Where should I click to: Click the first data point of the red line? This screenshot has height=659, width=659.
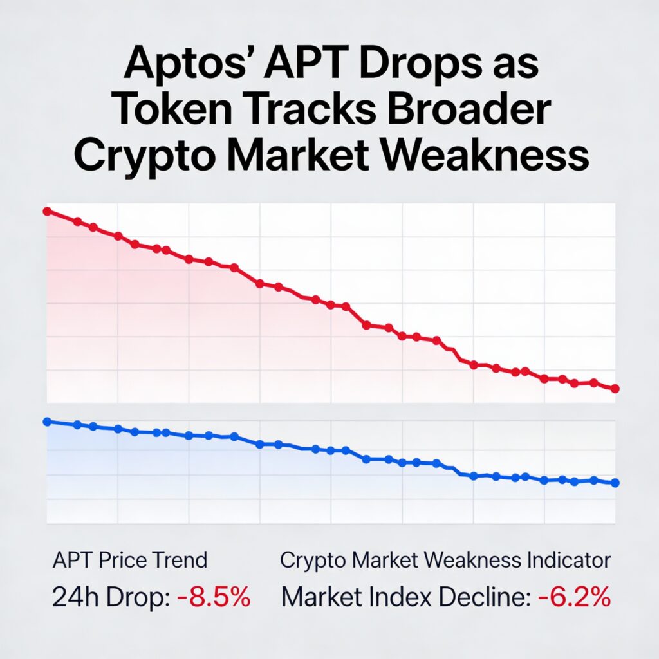point(46,211)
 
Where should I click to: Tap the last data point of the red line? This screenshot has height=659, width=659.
point(615,389)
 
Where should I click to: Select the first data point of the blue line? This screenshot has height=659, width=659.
point(46,422)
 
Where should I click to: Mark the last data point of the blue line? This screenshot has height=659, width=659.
point(615,483)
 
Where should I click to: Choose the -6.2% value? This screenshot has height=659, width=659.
point(573,598)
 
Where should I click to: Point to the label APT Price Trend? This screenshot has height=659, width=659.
point(129,560)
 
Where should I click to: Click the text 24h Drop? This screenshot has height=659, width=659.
point(110,598)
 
